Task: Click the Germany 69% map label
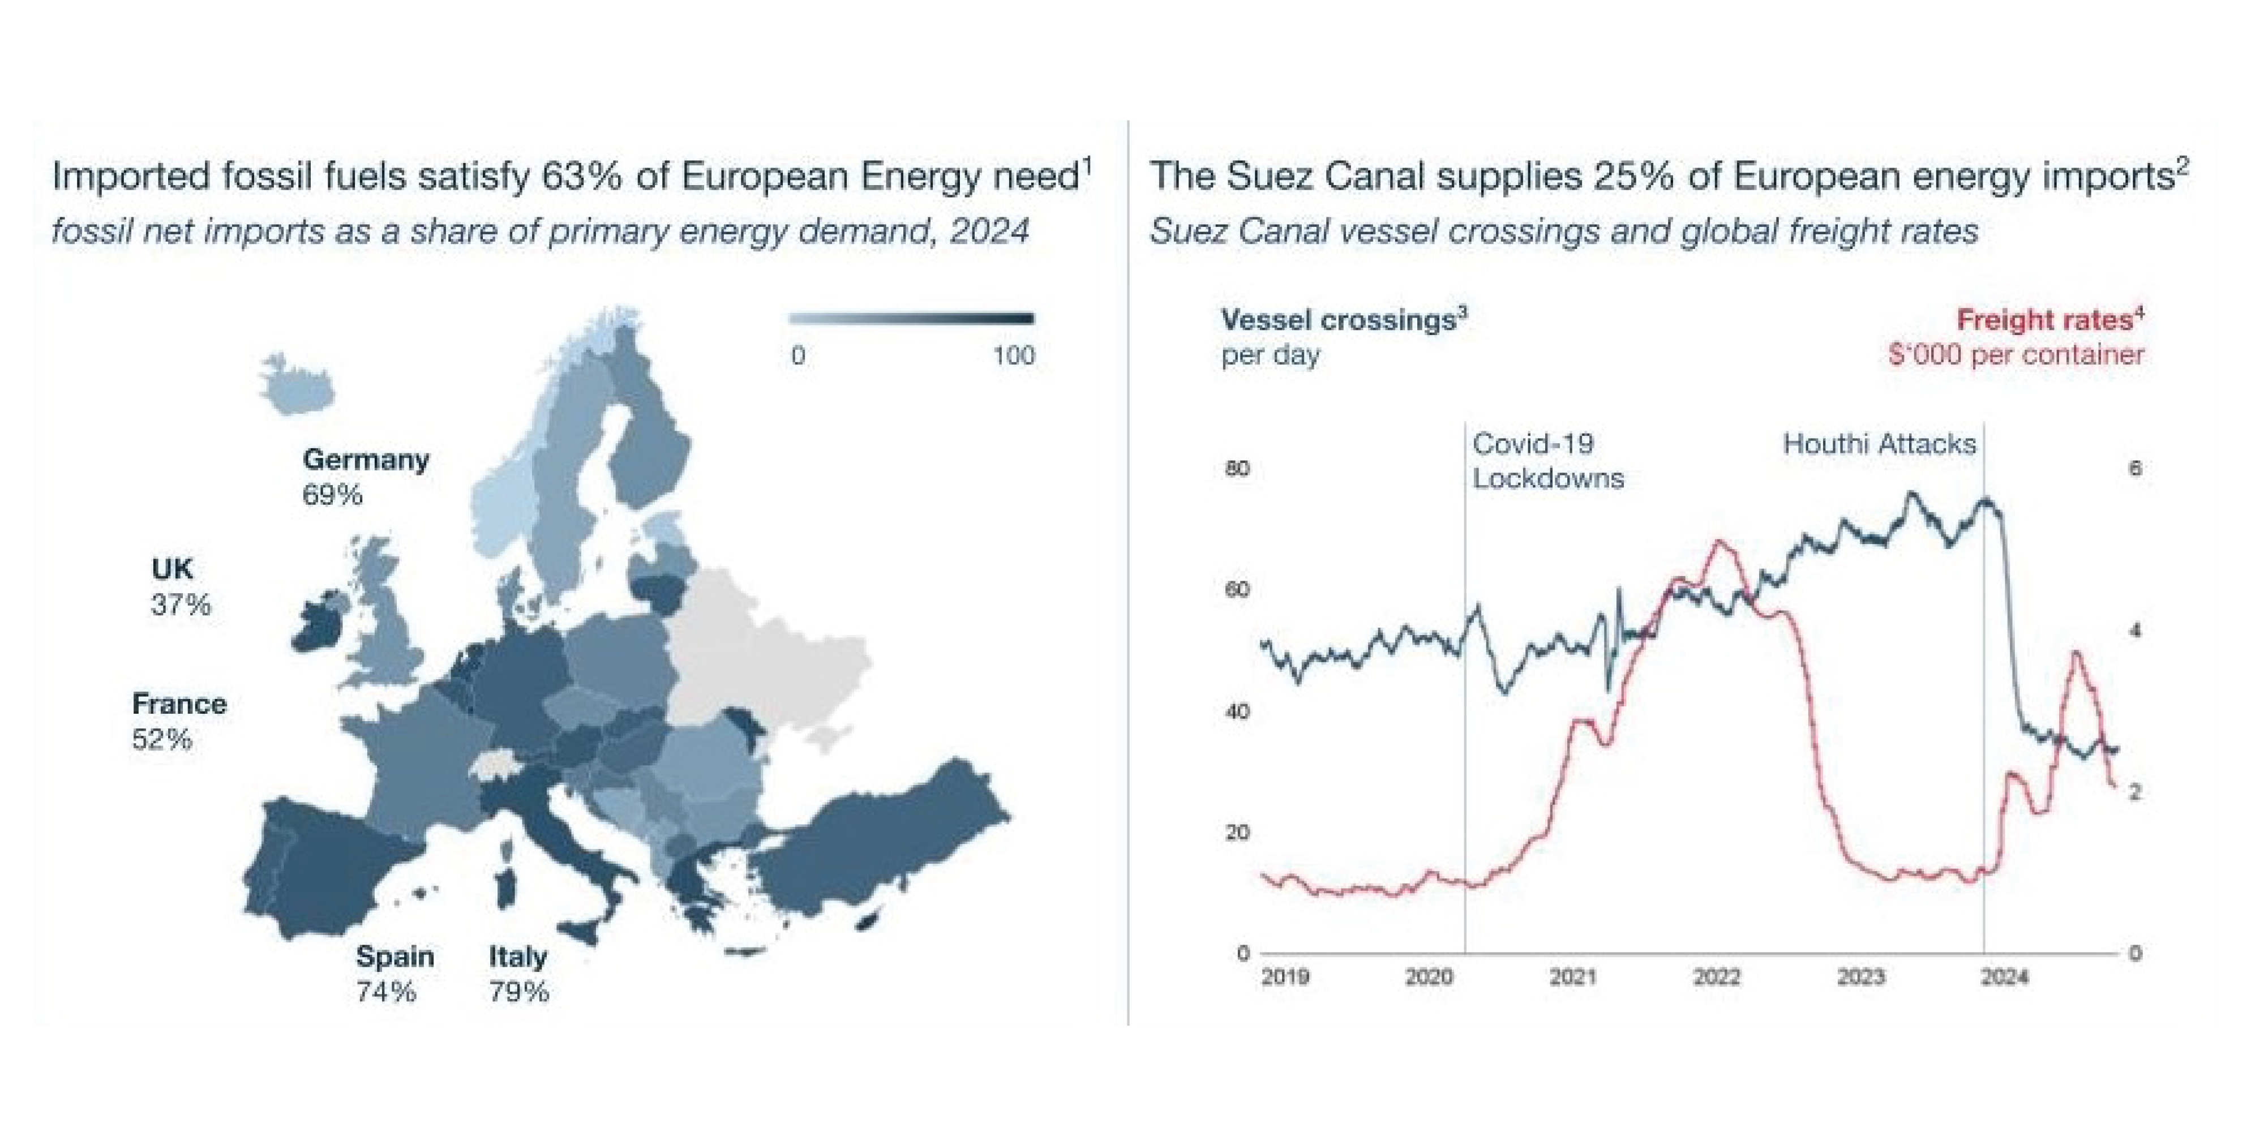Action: point(366,477)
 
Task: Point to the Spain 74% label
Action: point(395,973)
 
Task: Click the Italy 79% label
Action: point(518,973)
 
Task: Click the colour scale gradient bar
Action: point(911,318)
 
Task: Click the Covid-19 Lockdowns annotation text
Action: point(1547,461)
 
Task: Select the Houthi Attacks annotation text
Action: point(1879,444)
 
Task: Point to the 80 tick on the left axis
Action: point(1237,469)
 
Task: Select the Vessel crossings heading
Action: point(1344,319)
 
